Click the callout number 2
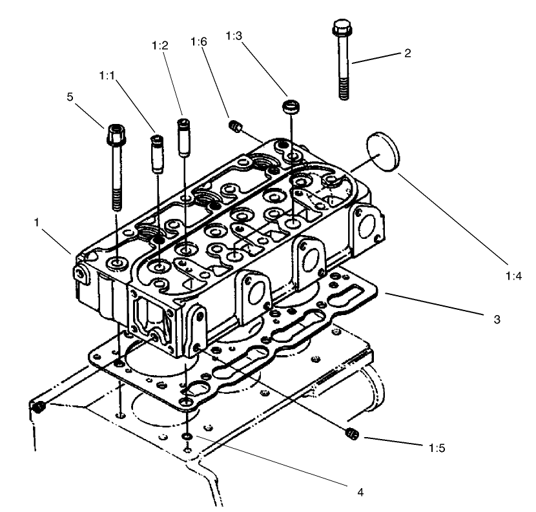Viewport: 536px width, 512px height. [407, 54]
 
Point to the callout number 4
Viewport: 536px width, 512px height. [360, 492]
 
